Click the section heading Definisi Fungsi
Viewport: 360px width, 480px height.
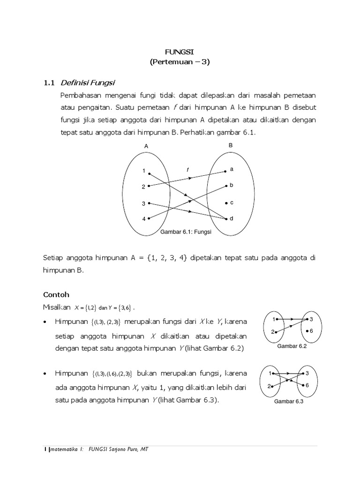click(88, 83)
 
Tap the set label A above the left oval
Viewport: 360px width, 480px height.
click(146, 146)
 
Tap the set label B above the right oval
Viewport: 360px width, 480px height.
click(230, 146)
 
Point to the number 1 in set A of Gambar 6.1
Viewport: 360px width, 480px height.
click(144, 171)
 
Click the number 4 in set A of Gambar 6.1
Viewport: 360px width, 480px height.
click(144, 219)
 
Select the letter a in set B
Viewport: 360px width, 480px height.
click(232, 169)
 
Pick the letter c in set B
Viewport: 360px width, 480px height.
click(232, 202)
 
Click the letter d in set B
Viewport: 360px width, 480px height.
click(232, 218)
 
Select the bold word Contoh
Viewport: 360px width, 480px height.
click(56, 295)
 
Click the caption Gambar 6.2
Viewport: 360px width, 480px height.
click(292, 346)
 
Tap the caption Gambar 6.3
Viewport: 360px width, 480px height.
click(288, 401)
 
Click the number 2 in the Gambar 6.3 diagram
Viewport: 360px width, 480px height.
click(269, 387)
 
